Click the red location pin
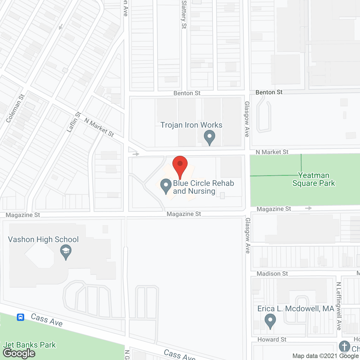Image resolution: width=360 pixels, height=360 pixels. [180, 165]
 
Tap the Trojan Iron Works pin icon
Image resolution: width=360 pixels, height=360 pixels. [209, 137]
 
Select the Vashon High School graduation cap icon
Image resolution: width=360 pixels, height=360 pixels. [66, 251]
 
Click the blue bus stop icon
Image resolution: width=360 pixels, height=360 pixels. [21, 317]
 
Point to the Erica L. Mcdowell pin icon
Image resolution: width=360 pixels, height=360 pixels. [270, 321]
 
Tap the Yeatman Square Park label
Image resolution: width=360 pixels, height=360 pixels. [314, 179]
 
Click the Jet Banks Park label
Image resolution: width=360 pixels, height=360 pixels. [30, 345]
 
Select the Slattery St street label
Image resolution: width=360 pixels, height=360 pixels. [184, 14]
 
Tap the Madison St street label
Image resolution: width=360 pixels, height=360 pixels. [272, 274]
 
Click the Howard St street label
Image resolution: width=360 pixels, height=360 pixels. [272, 339]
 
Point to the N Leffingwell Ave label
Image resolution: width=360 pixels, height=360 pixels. [339, 306]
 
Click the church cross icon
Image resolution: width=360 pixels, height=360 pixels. [344, 346]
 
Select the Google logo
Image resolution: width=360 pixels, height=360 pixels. [19, 353]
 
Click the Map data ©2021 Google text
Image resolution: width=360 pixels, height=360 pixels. [325, 356]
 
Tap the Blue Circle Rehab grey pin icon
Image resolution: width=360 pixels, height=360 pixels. [166, 186]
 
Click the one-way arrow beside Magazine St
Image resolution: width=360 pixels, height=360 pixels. [309, 208]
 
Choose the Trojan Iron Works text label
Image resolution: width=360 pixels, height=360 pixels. [191, 125]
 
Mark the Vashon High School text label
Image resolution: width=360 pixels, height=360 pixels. [43, 239]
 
